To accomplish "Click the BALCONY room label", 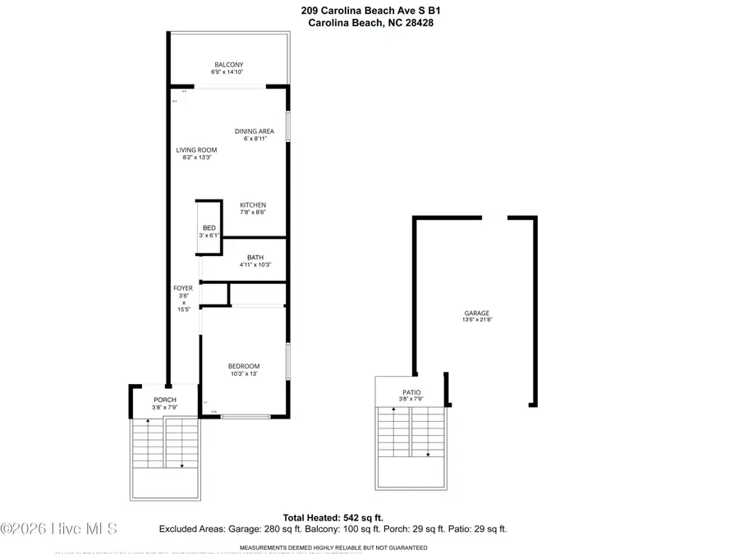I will click(228, 65).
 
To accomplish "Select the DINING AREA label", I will click(255, 131).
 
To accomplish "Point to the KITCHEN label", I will click(253, 205).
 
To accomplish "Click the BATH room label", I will click(255, 258).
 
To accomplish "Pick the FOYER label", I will click(182, 288).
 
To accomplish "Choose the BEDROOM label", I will click(244, 366).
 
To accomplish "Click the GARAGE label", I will click(477, 314).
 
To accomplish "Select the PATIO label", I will click(411, 393).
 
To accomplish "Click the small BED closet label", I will click(209, 227).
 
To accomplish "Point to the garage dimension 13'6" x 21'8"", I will click(477, 321).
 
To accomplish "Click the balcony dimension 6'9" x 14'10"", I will click(228, 72).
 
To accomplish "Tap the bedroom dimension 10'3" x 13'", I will click(244, 374).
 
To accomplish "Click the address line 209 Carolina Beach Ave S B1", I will click(370, 11).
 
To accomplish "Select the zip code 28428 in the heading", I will click(417, 23).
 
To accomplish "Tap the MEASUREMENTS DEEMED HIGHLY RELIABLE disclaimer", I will click(333, 547).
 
